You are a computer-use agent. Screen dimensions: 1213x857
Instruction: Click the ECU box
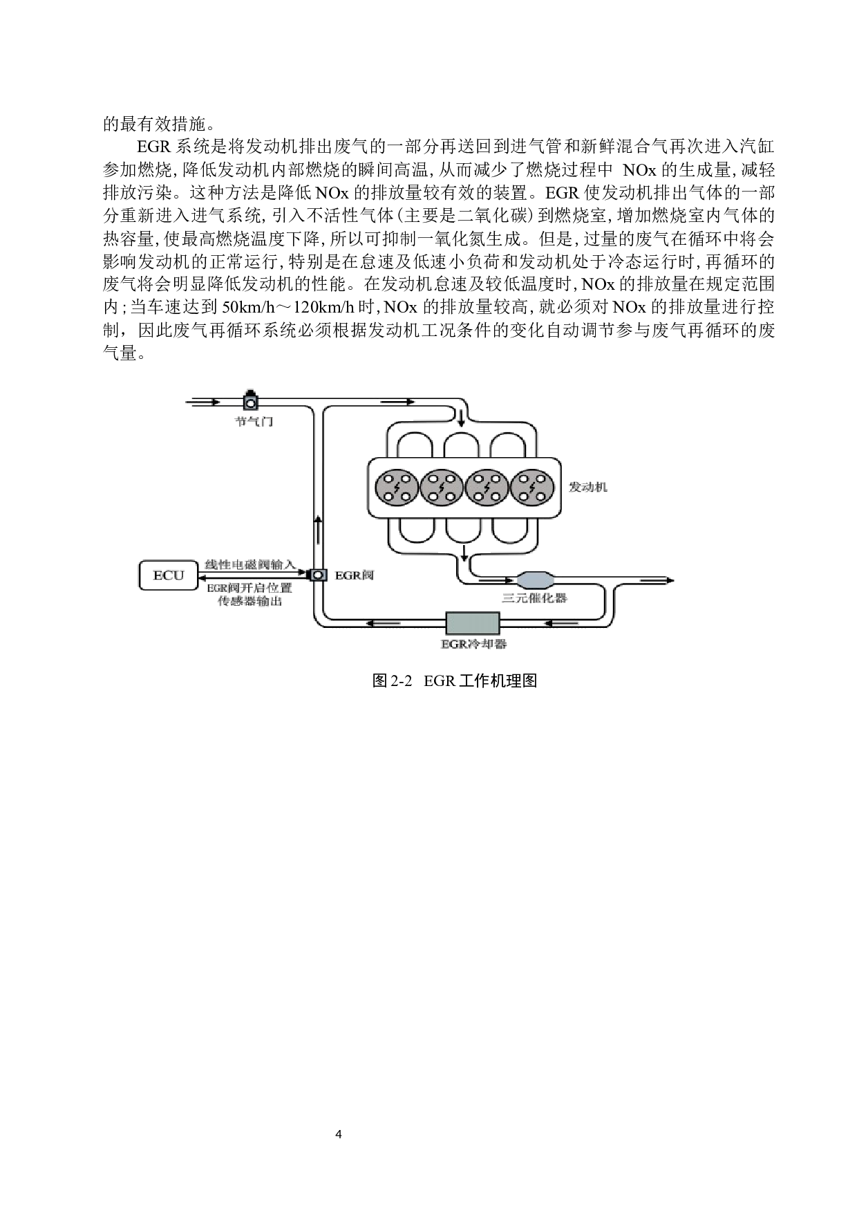click(x=169, y=575)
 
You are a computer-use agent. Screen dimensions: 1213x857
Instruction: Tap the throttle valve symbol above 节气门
click(x=250, y=400)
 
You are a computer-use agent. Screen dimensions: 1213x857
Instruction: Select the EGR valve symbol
click(x=318, y=575)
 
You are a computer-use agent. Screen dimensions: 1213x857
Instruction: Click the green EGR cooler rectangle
click(x=473, y=623)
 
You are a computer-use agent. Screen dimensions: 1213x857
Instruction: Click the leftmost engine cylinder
click(x=397, y=488)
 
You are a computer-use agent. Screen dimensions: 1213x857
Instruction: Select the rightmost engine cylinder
click(x=532, y=488)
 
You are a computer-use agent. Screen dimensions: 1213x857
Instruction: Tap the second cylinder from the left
click(x=442, y=488)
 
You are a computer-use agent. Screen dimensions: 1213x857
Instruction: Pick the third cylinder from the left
click(x=487, y=488)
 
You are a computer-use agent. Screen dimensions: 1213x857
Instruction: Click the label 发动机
click(x=588, y=487)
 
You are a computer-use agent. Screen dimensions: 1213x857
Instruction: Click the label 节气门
click(x=254, y=421)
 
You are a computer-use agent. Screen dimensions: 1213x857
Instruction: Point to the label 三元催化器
click(x=535, y=598)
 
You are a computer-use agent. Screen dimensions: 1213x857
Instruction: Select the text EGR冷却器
click(x=474, y=644)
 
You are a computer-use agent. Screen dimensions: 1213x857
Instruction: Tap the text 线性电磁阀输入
click(x=250, y=564)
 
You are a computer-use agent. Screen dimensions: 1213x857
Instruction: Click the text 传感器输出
click(x=250, y=601)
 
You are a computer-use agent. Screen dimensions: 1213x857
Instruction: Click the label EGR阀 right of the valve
click(x=355, y=575)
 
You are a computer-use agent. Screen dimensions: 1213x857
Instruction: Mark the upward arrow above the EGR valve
click(x=318, y=529)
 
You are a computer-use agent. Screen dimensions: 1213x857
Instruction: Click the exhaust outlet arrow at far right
click(x=657, y=581)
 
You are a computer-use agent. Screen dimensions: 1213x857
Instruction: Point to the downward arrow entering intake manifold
click(x=461, y=417)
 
